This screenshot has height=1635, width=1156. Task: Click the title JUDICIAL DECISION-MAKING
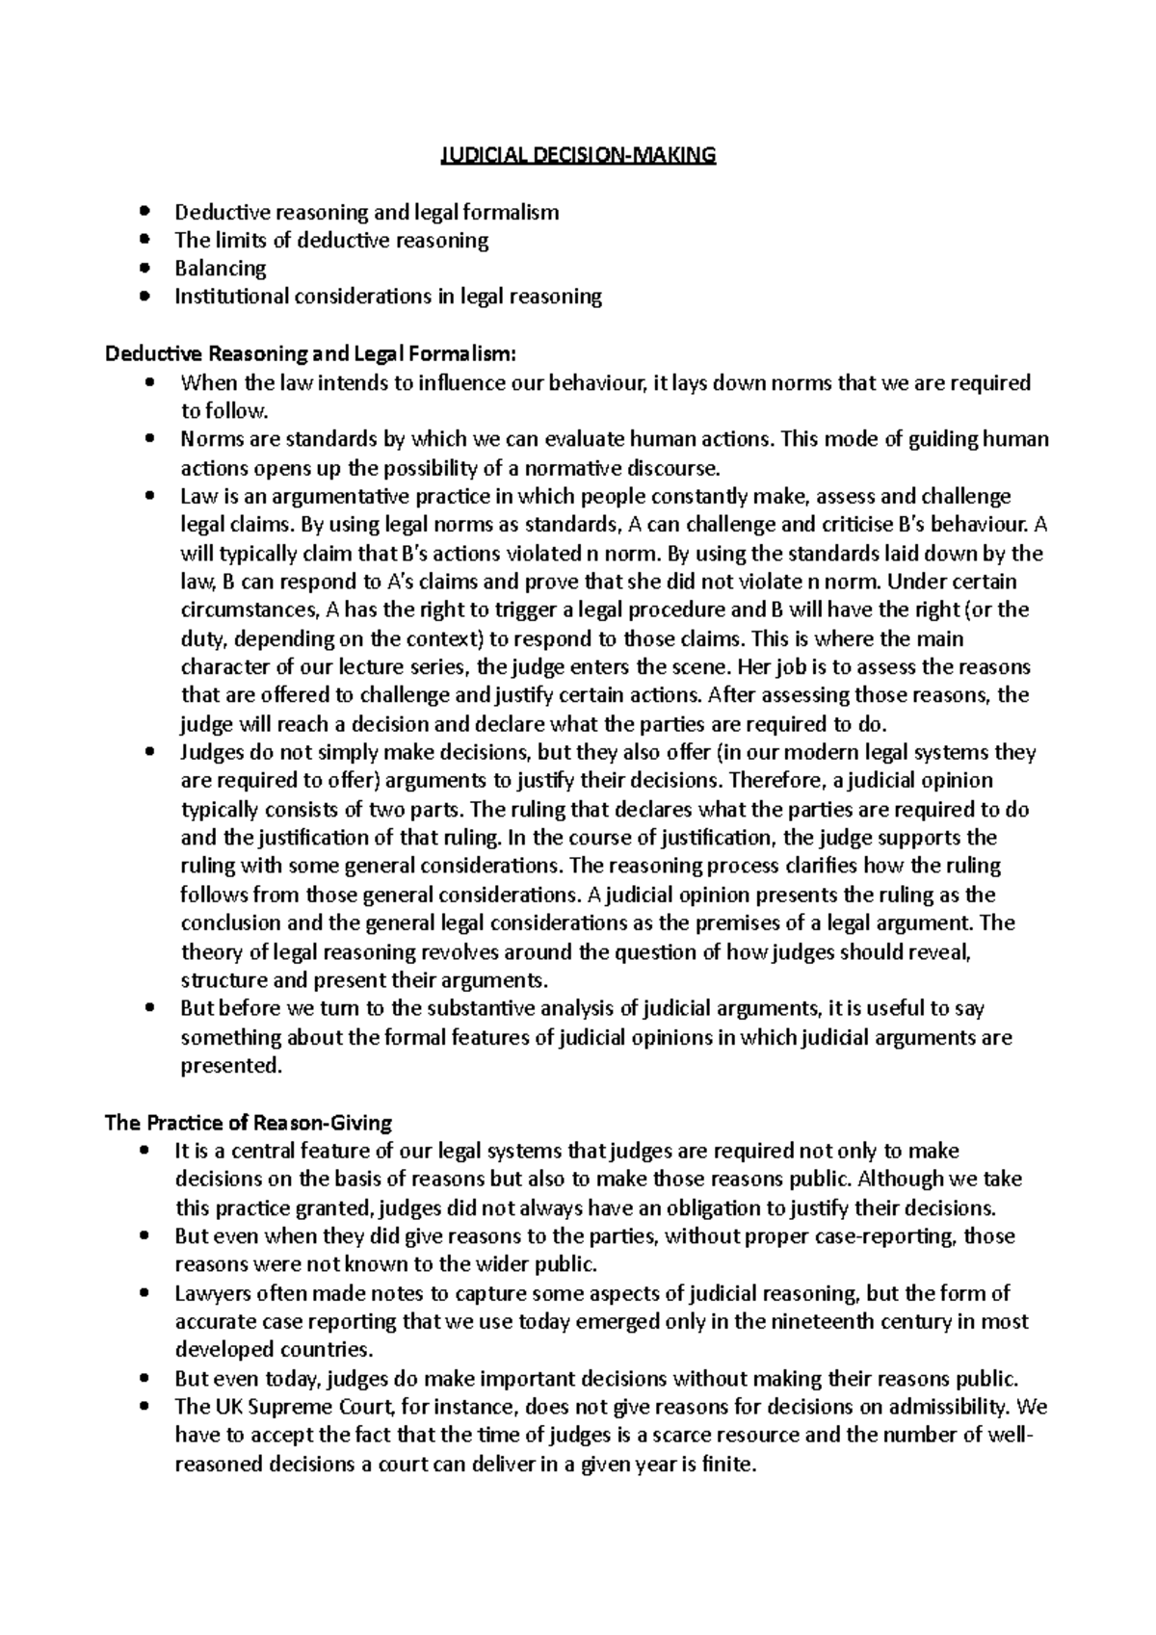578,155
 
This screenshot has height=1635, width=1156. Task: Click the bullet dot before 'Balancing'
145,268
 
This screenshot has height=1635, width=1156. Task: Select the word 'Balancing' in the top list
220,269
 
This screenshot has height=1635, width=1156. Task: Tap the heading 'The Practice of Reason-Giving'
248,1122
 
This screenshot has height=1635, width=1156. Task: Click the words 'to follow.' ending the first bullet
223,411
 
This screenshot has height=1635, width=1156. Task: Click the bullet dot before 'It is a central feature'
145,1151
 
